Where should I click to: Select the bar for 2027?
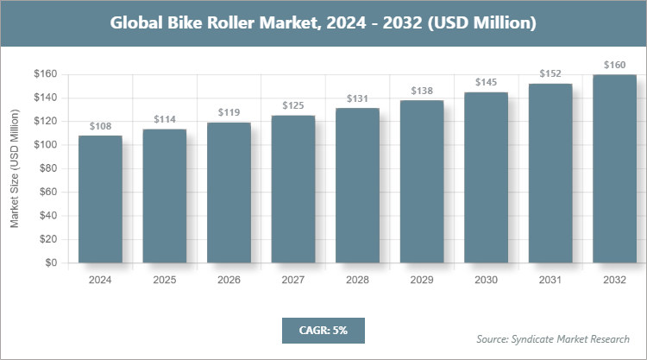pos(293,189)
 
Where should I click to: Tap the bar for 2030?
pos(486,177)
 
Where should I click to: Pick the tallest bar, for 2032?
pos(614,168)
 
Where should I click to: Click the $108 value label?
pos(100,126)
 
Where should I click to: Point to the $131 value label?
pos(357,99)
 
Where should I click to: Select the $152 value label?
pos(550,74)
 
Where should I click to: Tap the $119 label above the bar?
pos(229,112)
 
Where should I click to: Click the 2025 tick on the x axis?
pos(164,280)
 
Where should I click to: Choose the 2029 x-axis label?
pos(422,280)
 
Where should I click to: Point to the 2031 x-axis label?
pos(550,280)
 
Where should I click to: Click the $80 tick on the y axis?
pos(45,168)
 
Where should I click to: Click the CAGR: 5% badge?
pos(323,330)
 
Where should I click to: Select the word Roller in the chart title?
pos(241,22)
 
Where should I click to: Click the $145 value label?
pos(486,82)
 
